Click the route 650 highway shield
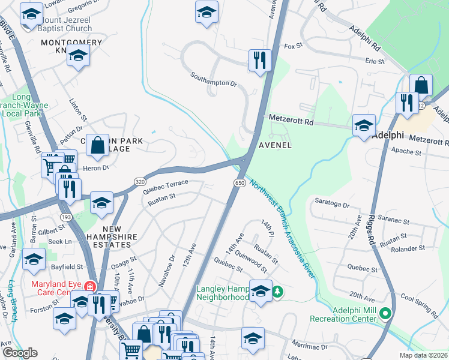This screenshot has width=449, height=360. point(239,182)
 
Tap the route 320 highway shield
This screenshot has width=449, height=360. point(139,181)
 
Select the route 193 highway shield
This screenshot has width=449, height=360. point(65,215)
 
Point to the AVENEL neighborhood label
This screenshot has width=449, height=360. point(275,145)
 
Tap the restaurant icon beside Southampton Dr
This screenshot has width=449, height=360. point(260,60)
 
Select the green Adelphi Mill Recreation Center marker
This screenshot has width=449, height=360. point(386,313)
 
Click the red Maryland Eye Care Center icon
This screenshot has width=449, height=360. point(90,286)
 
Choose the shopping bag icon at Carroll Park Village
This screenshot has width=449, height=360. point(97,145)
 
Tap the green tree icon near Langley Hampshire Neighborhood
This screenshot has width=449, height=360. point(277,292)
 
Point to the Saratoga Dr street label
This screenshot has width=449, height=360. point(332,205)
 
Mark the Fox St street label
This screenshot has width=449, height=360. point(292,46)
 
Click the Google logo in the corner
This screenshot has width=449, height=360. point(20,353)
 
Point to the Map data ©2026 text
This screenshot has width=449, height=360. point(423,355)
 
